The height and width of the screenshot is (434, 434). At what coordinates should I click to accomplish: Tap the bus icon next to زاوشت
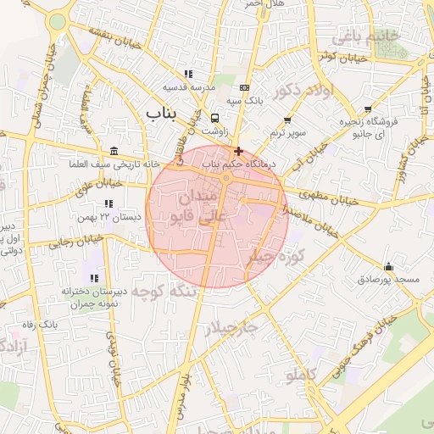pyautogui.click(x=214, y=119)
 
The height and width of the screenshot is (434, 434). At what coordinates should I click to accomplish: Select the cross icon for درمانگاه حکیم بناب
pyautogui.click(x=238, y=150)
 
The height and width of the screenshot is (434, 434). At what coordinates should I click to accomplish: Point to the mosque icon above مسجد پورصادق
pyautogui.click(x=388, y=266)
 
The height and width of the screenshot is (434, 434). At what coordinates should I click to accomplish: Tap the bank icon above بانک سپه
pyautogui.click(x=245, y=87)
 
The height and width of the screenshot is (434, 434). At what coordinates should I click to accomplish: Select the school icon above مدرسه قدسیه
pyautogui.click(x=188, y=74)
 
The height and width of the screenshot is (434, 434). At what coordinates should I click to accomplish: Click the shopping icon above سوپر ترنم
pyautogui.click(x=287, y=120)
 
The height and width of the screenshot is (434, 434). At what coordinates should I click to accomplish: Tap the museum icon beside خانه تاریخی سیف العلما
pyautogui.click(x=114, y=150)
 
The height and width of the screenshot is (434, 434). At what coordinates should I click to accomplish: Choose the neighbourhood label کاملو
pyautogui.click(x=301, y=374)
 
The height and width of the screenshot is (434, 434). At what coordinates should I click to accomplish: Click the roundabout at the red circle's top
pyautogui.click(x=226, y=178)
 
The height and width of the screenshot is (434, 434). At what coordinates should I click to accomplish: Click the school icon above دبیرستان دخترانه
pyautogui.click(x=94, y=278)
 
